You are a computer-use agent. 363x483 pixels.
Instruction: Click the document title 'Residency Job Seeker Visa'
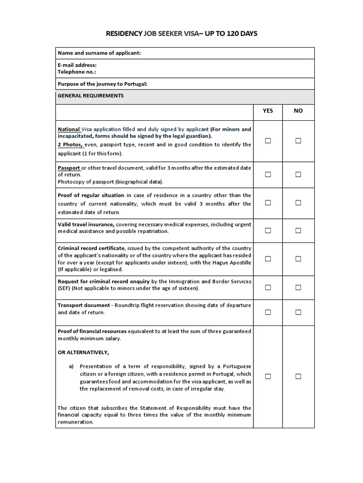click(x=181, y=33)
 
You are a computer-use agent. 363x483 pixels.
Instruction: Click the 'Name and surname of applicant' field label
click(x=99, y=53)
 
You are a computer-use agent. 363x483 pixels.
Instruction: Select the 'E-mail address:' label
click(x=77, y=65)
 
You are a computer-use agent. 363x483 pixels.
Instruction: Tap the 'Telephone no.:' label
click(x=77, y=72)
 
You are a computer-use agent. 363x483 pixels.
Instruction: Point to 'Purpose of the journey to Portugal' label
click(x=103, y=84)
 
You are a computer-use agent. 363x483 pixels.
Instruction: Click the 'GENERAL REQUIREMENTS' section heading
click(x=91, y=96)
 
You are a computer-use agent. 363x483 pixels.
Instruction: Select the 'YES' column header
click(x=268, y=111)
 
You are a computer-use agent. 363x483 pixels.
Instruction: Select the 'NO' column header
click(x=298, y=111)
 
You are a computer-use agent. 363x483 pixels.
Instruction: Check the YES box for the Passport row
click(x=268, y=175)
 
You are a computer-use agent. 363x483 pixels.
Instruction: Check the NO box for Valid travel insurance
click(x=298, y=231)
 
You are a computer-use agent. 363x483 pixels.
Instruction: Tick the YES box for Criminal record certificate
click(x=268, y=259)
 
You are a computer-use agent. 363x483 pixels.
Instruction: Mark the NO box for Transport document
click(x=298, y=312)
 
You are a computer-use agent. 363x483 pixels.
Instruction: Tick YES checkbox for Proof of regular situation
click(x=268, y=203)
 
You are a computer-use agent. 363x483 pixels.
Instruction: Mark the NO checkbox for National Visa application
click(x=298, y=141)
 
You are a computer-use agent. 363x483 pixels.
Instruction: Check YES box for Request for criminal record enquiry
click(x=268, y=287)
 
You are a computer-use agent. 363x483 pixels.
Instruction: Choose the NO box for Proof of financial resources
click(x=298, y=376)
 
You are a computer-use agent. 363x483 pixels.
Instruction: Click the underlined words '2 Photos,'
click(x=70, y=145)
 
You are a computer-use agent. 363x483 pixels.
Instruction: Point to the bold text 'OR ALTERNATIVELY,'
click(x=83, y=352)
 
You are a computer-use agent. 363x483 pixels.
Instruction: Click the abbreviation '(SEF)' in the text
click(x=64, y=288)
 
